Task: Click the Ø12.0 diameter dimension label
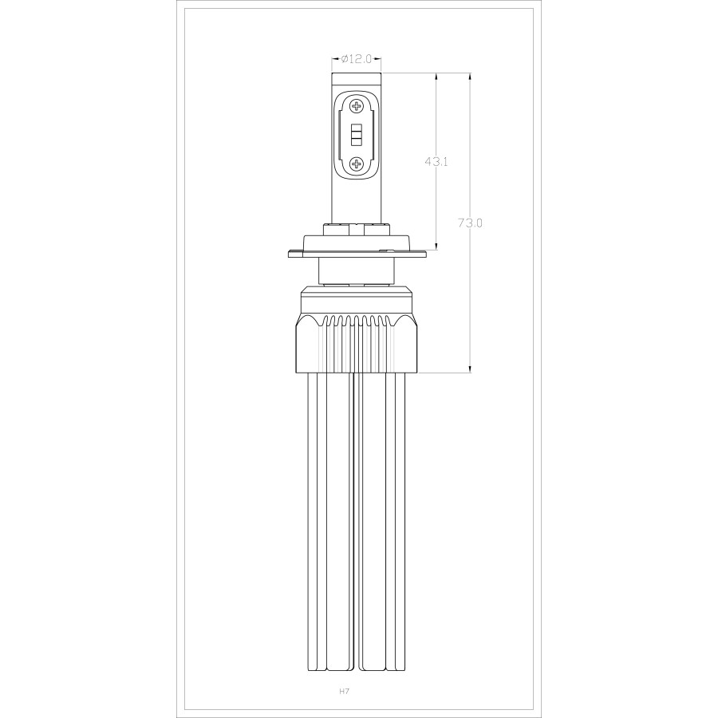tap(356, 58)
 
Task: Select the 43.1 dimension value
tap(436, 161)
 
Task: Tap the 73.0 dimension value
tap(470, 223)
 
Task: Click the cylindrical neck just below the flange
tap(356, 271)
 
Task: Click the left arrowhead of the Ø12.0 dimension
tap(335, 58)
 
